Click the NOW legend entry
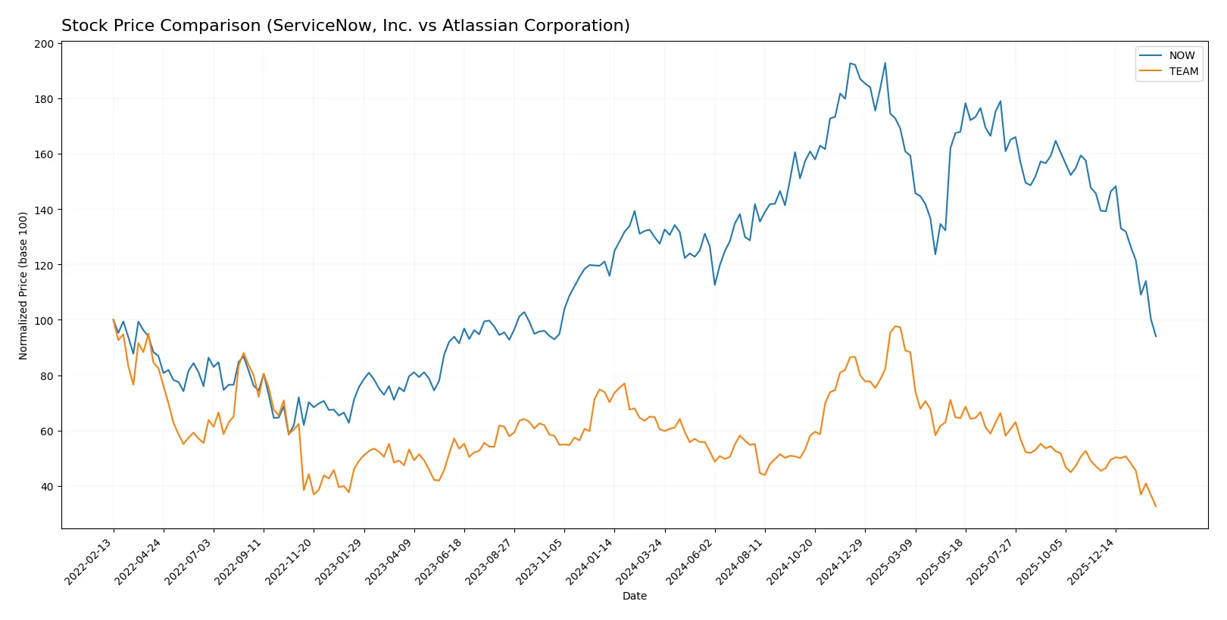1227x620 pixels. coord(1181,55)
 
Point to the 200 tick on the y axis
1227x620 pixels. coord(44,44)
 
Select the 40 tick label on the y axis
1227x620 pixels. coord(47,487)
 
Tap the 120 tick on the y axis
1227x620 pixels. coord(44,265)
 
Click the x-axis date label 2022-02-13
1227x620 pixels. coord(89,562)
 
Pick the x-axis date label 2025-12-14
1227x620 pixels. coord(1091,562)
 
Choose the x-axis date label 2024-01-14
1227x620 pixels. coord(590,562)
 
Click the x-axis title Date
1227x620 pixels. coord(634,596)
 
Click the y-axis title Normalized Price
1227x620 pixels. coord(23,285)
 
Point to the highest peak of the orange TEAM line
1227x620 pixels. coord(895,326)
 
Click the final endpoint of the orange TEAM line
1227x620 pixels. coord(1156,506)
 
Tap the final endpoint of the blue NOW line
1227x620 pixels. coord(1156,336)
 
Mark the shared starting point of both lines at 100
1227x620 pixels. coord(114,319)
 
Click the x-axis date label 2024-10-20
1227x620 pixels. coord(791,562)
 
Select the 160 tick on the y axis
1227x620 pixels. coord(44,154)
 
